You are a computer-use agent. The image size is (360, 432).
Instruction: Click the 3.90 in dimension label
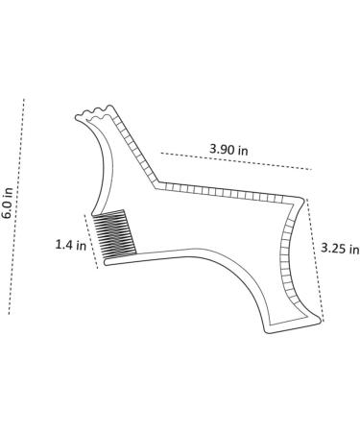pos(228,150)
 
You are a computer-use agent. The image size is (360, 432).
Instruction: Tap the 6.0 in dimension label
pos(7,203)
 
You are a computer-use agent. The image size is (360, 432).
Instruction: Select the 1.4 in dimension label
pos(71,245)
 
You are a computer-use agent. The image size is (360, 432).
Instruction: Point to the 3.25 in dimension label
pos(340,249)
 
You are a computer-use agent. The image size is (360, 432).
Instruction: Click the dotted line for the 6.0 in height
pos(16,206)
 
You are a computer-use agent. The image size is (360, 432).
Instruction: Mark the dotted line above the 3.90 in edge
pos(236,161)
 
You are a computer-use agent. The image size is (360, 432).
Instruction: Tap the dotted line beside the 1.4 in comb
pos(91,241)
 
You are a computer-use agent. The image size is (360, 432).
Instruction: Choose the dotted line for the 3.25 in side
pos(315,260)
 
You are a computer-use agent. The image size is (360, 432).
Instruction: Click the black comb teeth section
pos(114,234)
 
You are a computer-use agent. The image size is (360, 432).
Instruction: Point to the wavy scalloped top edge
pos(94,112)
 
